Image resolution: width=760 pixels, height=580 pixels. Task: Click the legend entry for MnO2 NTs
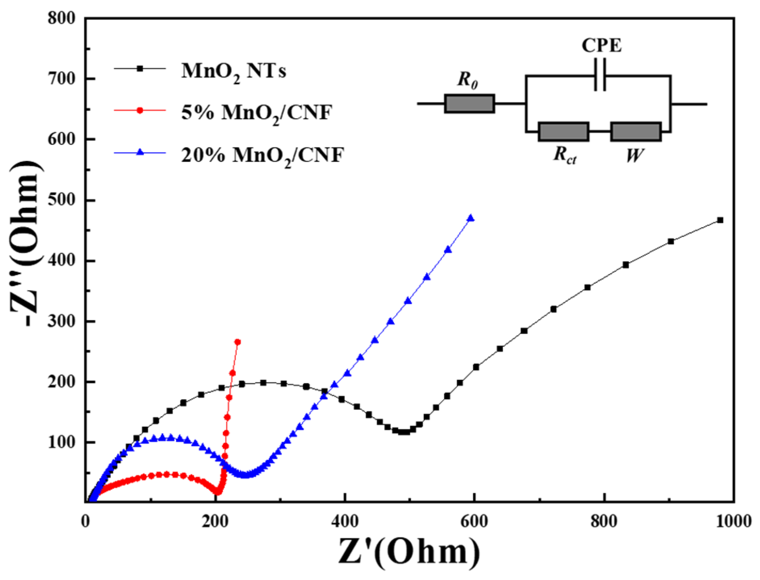[234, 71]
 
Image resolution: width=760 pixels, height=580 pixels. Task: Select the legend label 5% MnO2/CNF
[257, 112]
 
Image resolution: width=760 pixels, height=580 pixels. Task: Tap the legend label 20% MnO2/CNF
[262, 155]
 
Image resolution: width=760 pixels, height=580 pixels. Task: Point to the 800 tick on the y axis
[61, 18]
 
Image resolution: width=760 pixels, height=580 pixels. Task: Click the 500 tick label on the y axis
[61, 200]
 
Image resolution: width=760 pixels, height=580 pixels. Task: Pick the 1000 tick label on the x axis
[733, 521]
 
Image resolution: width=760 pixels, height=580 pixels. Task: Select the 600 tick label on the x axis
[474, 521]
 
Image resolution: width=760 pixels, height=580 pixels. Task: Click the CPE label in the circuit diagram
[601, 45]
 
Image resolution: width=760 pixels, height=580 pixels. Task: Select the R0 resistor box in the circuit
[470, 104]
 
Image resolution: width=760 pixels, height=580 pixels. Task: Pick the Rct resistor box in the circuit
[564, 132]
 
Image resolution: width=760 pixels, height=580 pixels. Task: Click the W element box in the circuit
[636, 132]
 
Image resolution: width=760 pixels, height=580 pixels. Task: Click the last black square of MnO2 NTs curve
[720, 220]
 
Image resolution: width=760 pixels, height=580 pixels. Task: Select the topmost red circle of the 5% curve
[238, 342]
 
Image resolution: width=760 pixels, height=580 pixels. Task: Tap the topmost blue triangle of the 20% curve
[470, 218]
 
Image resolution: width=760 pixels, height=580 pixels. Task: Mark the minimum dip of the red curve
[217, 491]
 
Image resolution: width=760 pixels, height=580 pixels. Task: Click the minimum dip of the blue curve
[246, 475]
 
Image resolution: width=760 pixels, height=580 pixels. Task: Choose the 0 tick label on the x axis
[86, 521]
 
